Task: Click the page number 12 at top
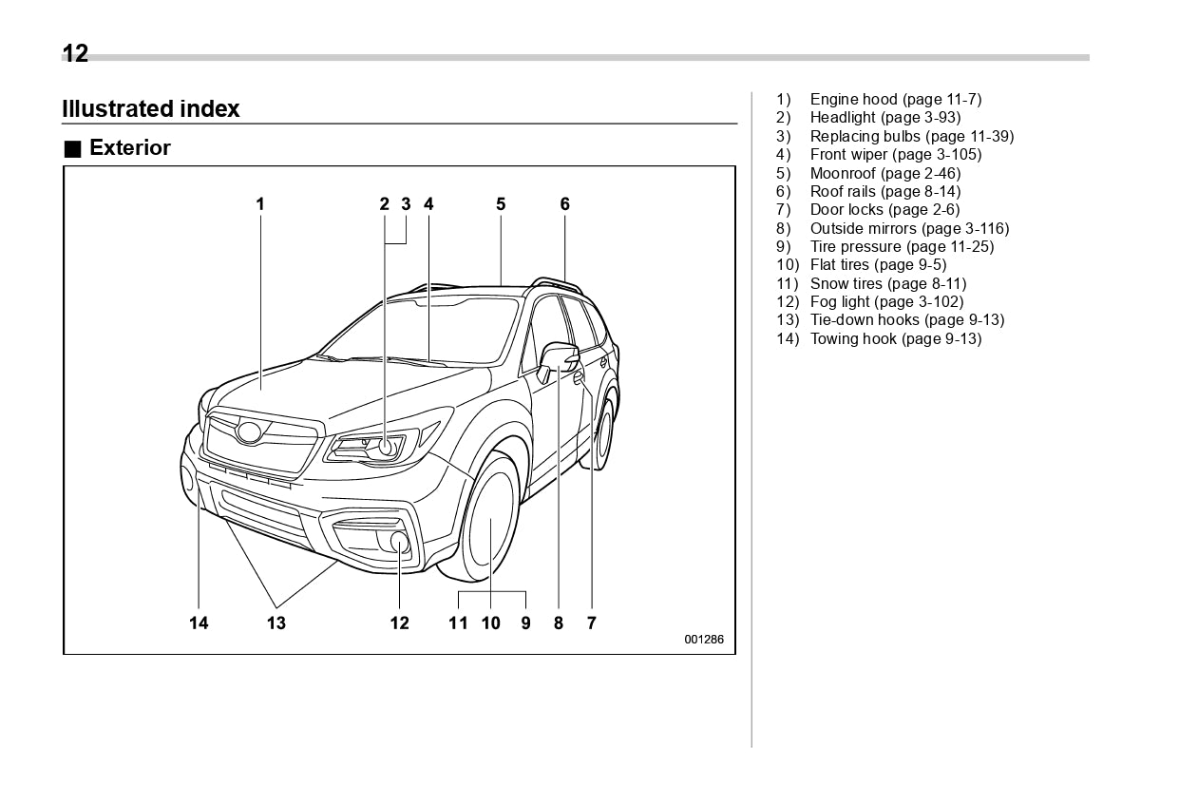tap(75, 54)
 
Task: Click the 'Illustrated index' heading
tap(150, 109)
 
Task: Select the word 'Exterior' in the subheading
tap(129, 148)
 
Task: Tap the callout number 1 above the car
tap(259, 203)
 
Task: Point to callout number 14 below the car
tap(198, 623)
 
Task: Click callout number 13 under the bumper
tap(276, 623)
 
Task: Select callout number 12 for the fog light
tap(399, 623)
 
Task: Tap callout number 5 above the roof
tap(501, 203)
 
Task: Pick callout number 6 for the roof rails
tap(564, 203)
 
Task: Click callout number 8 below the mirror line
tap(558, 623)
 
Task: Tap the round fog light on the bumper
tap(400, 543)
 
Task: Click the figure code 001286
tap(704, 640)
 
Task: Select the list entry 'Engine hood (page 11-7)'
tap(895, 100)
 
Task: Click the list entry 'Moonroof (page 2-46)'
tap(884, 173)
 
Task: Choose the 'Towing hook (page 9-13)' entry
tap(895, 339)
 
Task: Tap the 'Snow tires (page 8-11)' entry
tap(887, 283)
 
